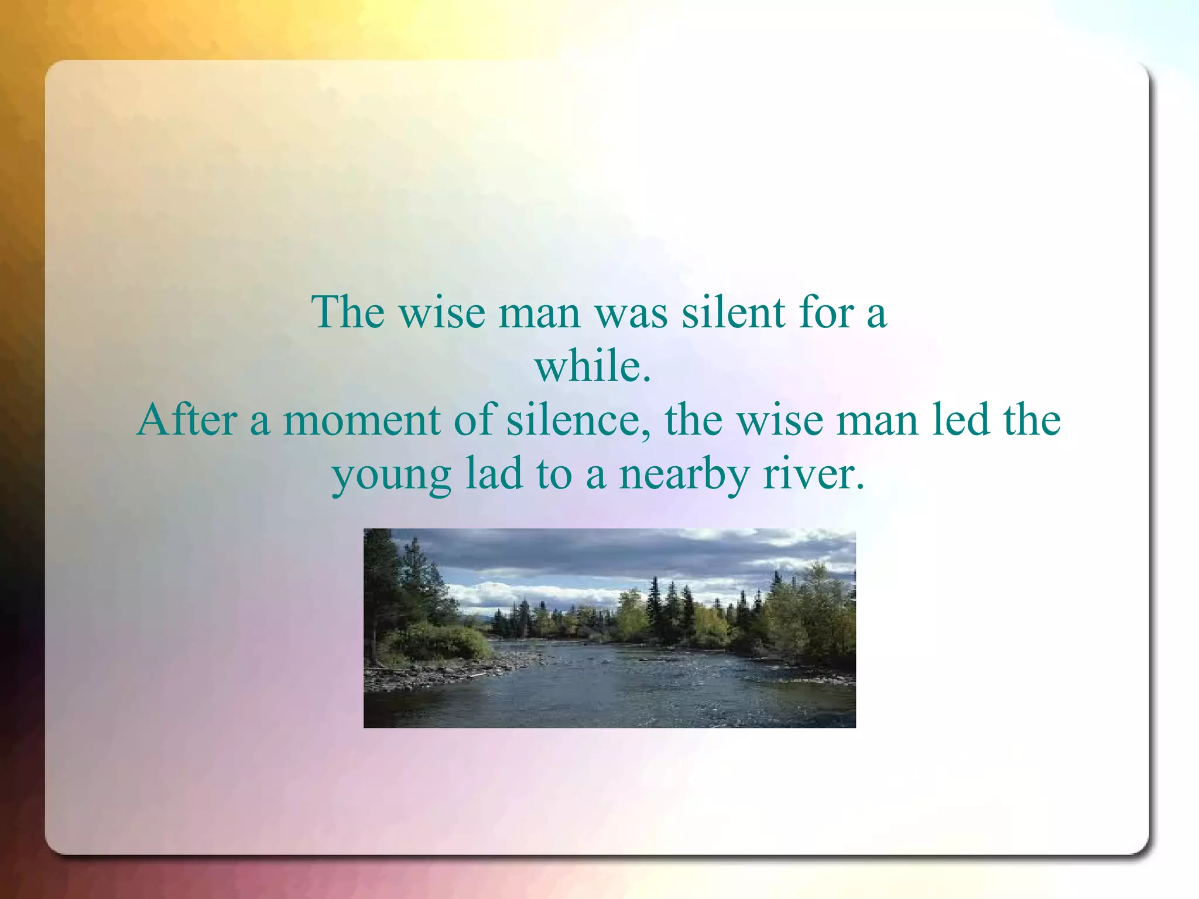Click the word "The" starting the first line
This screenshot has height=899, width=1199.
point(348,312)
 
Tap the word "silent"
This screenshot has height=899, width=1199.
point(733,312)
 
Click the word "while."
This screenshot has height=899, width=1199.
point(593,366)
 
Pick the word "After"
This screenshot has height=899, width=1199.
point(187,420)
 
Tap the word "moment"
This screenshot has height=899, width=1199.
point(361,421)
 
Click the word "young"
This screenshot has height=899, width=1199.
point(392,476)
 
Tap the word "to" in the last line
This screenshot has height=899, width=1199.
point(553,474)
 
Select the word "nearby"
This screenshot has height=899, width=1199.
point(684,474)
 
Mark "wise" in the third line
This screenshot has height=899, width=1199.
point(780,421)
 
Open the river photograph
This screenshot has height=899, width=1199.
point(609,628)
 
